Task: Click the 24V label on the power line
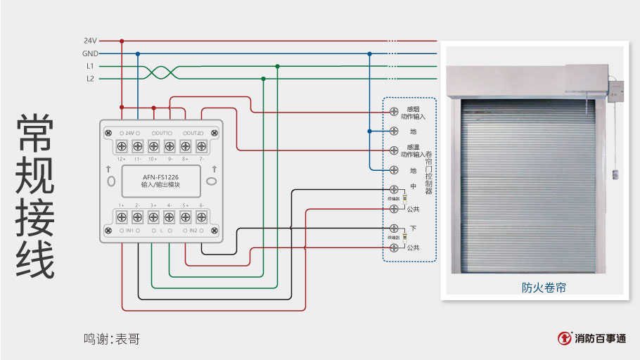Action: point(90,41)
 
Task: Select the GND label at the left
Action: point(90,53)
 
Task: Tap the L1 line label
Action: point(90,66)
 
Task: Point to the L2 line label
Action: point(90,79)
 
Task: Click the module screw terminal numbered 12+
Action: point(122,146)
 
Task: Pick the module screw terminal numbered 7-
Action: point(201,146)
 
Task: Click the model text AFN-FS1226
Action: point(161,176)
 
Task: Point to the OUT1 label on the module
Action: point(162,133)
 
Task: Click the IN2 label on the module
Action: point(193,231)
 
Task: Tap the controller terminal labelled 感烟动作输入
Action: point(394,112)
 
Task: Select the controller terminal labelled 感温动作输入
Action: point(394,150)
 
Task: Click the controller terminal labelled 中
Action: point(394,189)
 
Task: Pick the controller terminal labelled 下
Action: point(394,229)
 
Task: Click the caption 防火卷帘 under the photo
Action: point(544,288)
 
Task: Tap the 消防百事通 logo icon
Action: point(564,338)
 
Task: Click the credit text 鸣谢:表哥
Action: point(112,339)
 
